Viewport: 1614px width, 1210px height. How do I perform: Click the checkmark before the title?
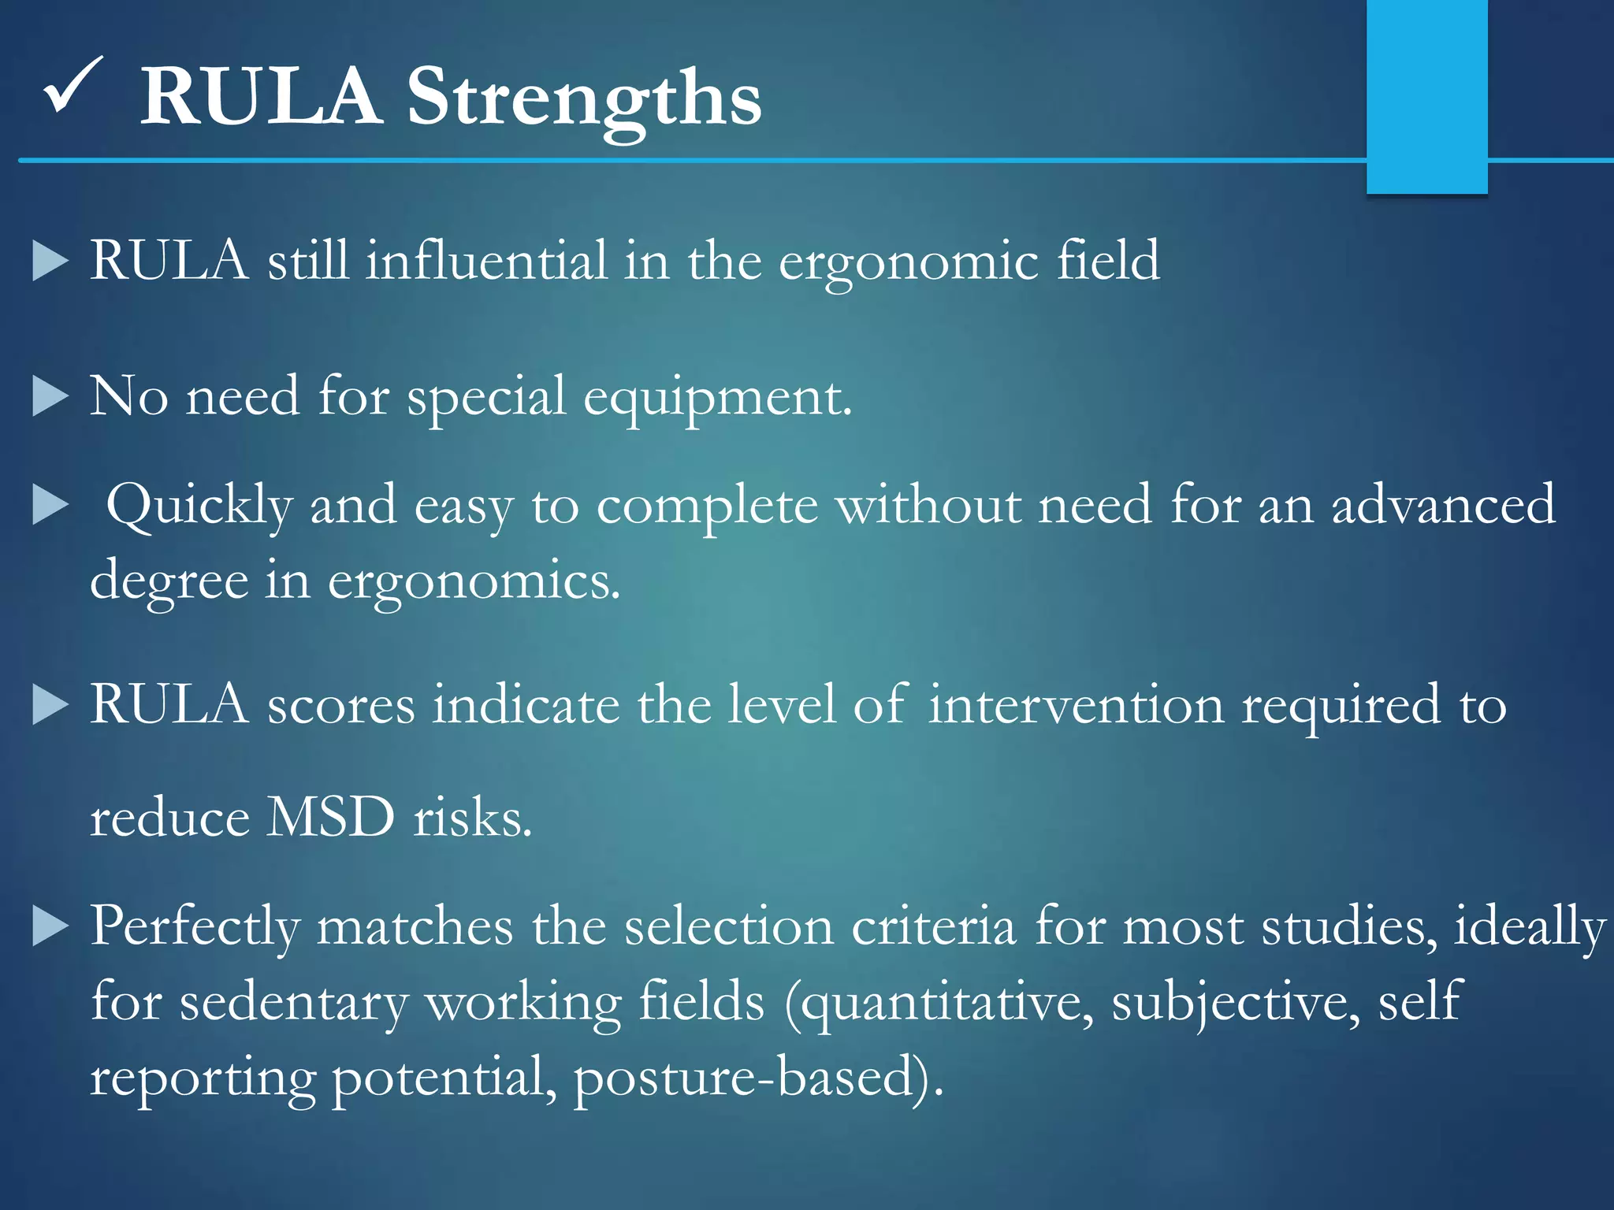pyautogui.click(x=73, y=87)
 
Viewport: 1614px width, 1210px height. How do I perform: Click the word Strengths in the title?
pyautogui.click(x=583, y=98)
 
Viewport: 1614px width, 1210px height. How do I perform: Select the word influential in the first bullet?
pyautogui.click(x=486, y=260)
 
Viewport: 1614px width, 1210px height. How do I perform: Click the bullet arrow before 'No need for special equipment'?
pyautogui.click(x=50, y=395)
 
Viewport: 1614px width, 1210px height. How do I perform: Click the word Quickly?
pyautogui.click(x=199, y=506)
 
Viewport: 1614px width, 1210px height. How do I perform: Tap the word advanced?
pyautogui.click(x=1443, y=504)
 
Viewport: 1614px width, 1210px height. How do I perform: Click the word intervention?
pyautogui.click(x=1076, y=704)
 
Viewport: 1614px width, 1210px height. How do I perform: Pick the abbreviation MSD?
pyautogui.click(x=330, y=817)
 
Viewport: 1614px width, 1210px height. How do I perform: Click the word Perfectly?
pyautogui.click(x=195, y=926)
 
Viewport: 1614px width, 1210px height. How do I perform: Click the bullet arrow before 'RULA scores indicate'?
pyautogui.click(x=50, y=704)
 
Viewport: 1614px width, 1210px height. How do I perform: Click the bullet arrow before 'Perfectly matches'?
pyautogui.click(x=50, y=926)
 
